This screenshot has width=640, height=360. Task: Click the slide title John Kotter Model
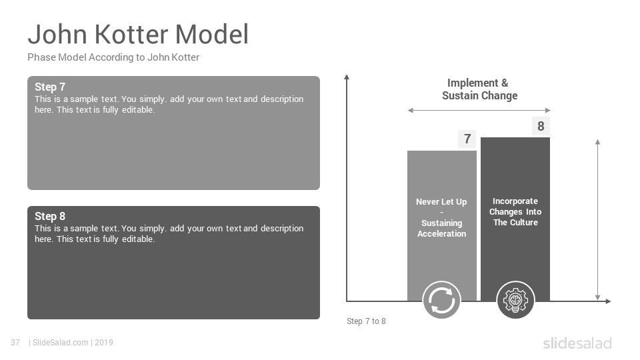coord(138,34)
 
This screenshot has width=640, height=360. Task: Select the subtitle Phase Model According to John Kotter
coord(113,57)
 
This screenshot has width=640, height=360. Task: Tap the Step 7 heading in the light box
coord(50,87)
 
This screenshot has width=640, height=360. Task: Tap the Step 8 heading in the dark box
coord(50,216)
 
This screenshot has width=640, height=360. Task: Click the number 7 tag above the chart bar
coord(467,139)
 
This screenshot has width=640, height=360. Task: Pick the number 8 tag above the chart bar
coord(541,126)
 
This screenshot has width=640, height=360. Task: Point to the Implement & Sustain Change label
coord(479,89)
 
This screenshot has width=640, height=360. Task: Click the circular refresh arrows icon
coord(441,301)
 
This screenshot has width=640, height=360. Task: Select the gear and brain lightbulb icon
coord(515,301)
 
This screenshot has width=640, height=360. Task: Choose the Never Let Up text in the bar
coord(441,202)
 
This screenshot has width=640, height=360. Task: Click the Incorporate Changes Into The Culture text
coord(515,212)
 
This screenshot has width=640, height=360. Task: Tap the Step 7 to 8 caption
coord(366,321)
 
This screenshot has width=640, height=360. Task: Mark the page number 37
coord(15,343)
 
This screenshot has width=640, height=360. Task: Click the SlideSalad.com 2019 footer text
coord(71,343)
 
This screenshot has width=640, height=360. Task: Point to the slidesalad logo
coord(577,343)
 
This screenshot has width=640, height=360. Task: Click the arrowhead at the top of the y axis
coord(347,76)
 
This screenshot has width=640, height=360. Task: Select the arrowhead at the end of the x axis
coord(608,301)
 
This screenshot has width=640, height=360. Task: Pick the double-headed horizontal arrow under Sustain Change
coord(479,110)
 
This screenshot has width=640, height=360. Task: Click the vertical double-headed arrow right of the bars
coord(597,220)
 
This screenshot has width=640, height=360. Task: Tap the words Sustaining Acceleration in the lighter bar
coord(441,229)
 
